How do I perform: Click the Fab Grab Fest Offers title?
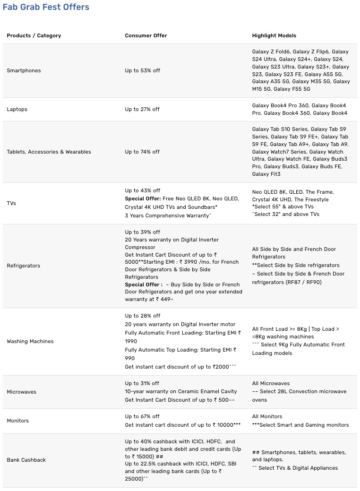pos(46,7)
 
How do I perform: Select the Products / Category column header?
pos(34,35)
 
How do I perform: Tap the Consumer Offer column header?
pos(146,35)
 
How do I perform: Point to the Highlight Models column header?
pos(274,35)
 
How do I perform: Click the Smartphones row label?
pos(24,70)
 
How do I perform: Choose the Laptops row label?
pos(17,109)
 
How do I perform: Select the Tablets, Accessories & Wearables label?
pos(49,152)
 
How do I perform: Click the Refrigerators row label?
pos(24,266)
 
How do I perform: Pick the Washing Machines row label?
pos(30,341)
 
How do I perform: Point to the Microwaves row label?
pos(21,392)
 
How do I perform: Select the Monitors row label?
pos(17,421)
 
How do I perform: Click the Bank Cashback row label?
pos(26,460)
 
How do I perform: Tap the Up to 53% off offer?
pos(142,70)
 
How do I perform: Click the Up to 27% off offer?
pos(142,109)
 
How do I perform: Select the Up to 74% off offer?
pos(142,152)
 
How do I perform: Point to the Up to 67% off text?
pos(142,416)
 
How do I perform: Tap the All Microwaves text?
pos(271,383)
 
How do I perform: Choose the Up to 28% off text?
pos(142,316)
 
